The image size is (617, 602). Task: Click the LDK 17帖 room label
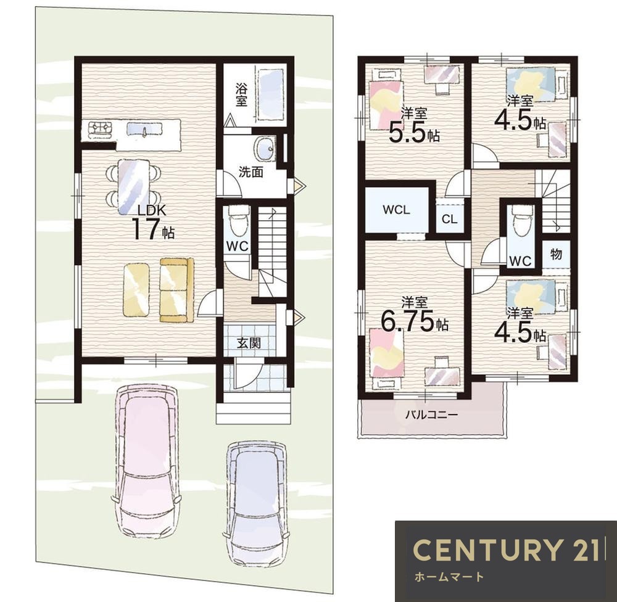pyautogui.click(x=152, y=223)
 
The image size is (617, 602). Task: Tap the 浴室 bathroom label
pyautogui.click(x=241, y=94)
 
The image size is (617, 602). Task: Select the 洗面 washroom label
pyautogui.click(x=251, y=172)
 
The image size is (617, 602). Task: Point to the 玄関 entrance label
pyautogui.click(x=249, y=343)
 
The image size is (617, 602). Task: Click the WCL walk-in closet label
pyautogui.click(x=397, y=210)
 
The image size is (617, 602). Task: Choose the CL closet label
pyautogui.click(x=449, y=219)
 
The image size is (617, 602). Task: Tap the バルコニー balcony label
pyautogui.click(x=432, y=414)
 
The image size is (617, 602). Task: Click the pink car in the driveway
pyautogui.click(x=146, y=460)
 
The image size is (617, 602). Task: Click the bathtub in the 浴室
pyautogui.click(x=271, y=95)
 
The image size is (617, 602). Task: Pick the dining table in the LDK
pyautogui.click(x=134, y=186)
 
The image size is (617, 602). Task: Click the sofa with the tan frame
pyautogui.click(x=176, y=290)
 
